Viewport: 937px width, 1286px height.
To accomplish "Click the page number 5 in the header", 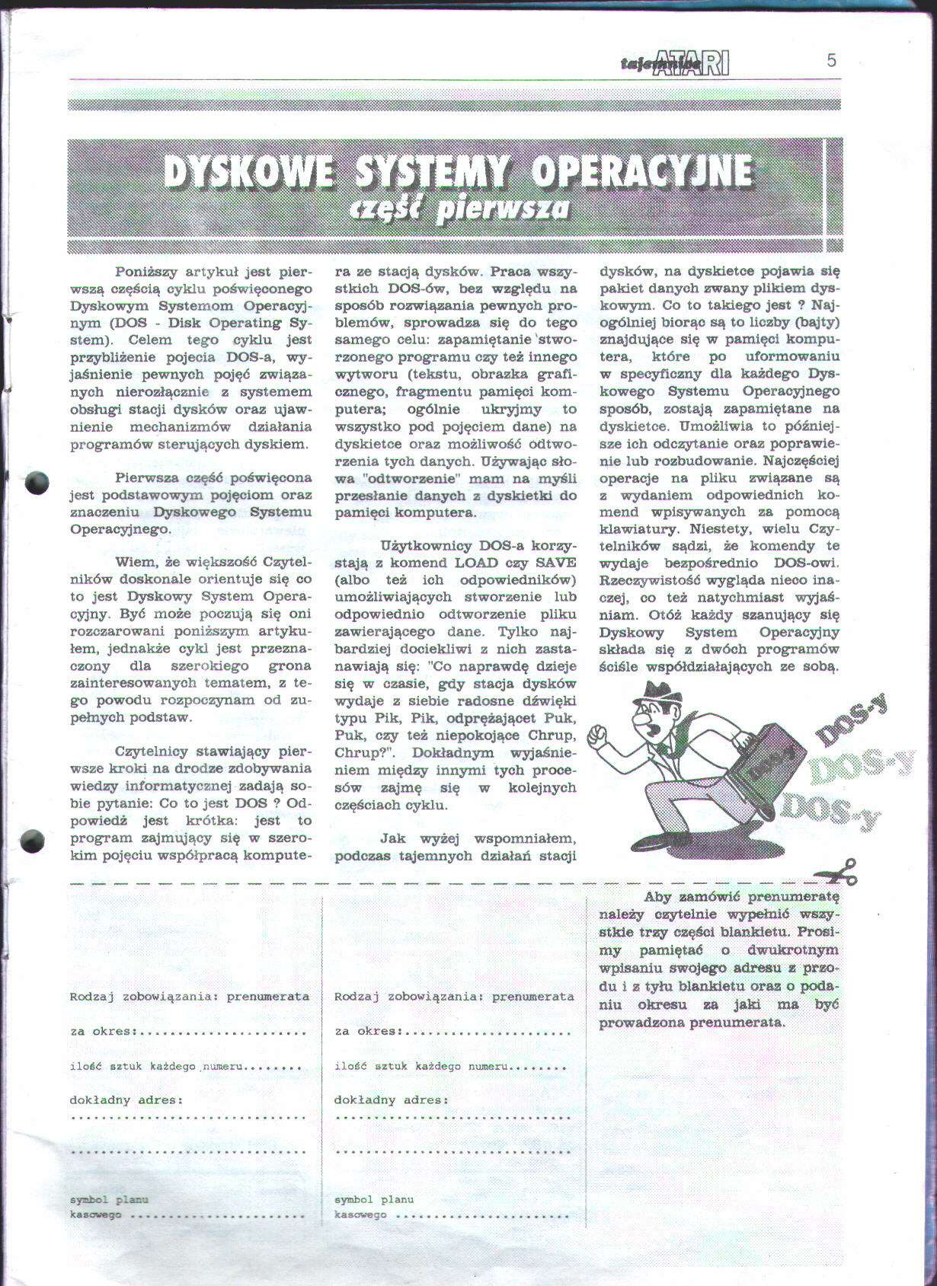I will click(831, 60).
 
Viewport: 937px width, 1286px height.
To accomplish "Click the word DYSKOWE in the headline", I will click(248, 173).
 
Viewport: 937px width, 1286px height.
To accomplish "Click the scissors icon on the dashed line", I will click(838, 871).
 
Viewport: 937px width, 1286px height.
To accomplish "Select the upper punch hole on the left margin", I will click(36, 483).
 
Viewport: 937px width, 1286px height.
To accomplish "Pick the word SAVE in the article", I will click(556, 563).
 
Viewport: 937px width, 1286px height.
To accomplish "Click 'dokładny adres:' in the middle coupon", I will click(391, 1099).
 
